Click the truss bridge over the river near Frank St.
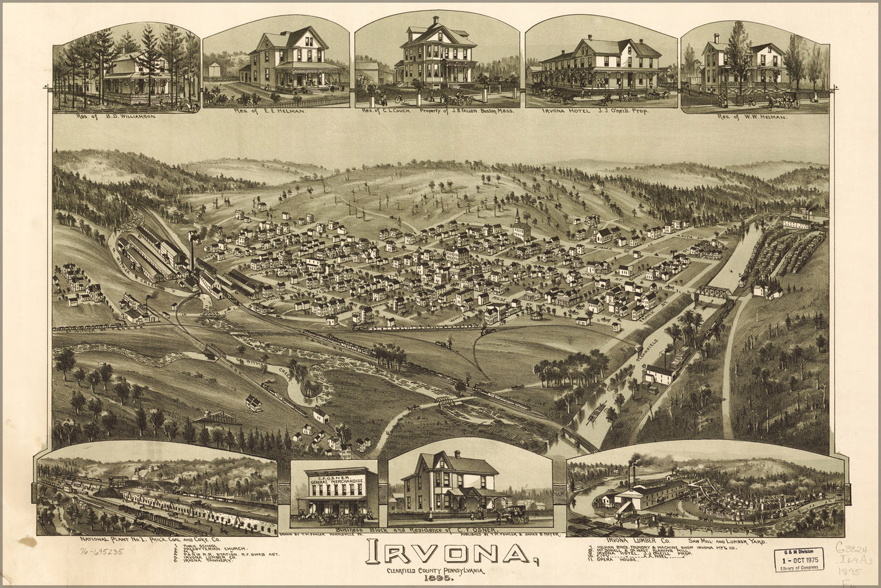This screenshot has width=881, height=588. point(713,292)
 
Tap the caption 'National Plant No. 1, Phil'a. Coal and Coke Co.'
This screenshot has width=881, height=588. point(150,539)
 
